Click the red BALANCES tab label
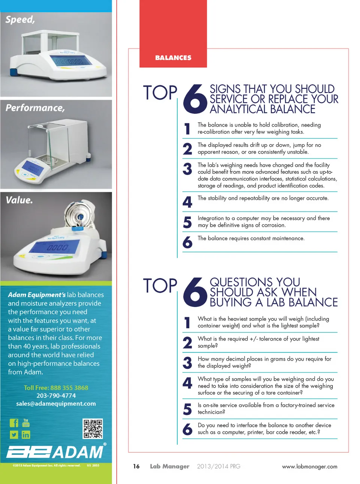click(173, 58)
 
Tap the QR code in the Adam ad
click(93, 428)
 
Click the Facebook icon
click(14, 423)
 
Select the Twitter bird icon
click(14, 435)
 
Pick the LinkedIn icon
click(26, 435)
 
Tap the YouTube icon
click(26, 423)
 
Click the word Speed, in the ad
click(20, 20)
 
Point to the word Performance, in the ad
click(35, 108)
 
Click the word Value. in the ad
click(19, 200)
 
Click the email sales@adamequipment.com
click(56, 404)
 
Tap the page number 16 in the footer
click(136, 466)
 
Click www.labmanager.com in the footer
click(310, 466)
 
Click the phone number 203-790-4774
click(56, 395)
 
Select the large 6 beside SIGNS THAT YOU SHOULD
click(195, 99)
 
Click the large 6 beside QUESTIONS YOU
click(195, 292)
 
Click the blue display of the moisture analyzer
click(54, 247)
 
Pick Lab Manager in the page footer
click(169, 466)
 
